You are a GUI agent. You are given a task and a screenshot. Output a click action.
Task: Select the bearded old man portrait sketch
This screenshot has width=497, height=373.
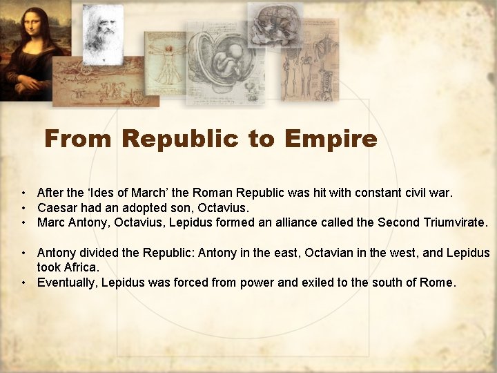[x=101, y=31]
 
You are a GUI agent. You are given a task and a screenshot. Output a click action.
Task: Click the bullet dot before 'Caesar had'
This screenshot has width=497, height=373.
[x=23, y=208]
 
